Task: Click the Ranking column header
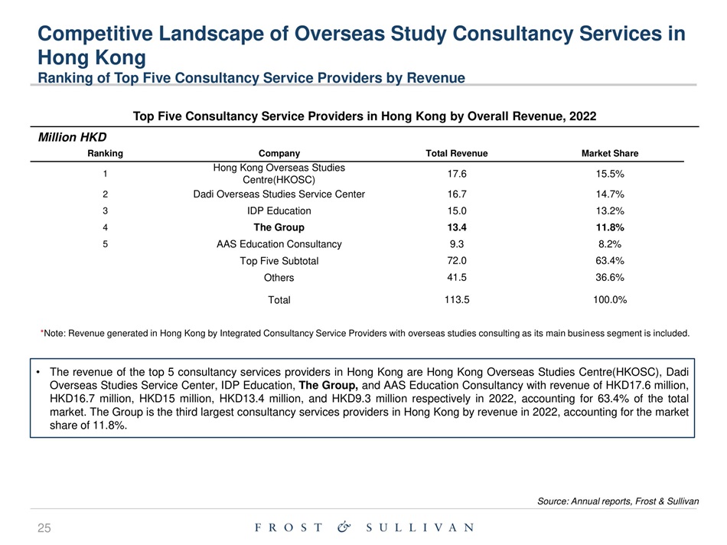[x=108, y=154]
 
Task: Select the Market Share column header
[x=610, y=154]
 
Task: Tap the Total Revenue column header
[x=456, y=154]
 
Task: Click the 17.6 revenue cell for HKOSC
[x=456, y=174]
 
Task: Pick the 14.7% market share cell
[x=610, y=194]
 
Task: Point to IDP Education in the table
[x=279, y=211]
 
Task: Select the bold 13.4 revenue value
[x=456, y=228]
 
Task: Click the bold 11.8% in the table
[x=610, y=228]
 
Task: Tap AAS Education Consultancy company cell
[x=279, y=245]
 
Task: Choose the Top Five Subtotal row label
[x=279, y=262]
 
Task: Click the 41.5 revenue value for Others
[x=456, y=278]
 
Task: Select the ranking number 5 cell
[x=108, y=245]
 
